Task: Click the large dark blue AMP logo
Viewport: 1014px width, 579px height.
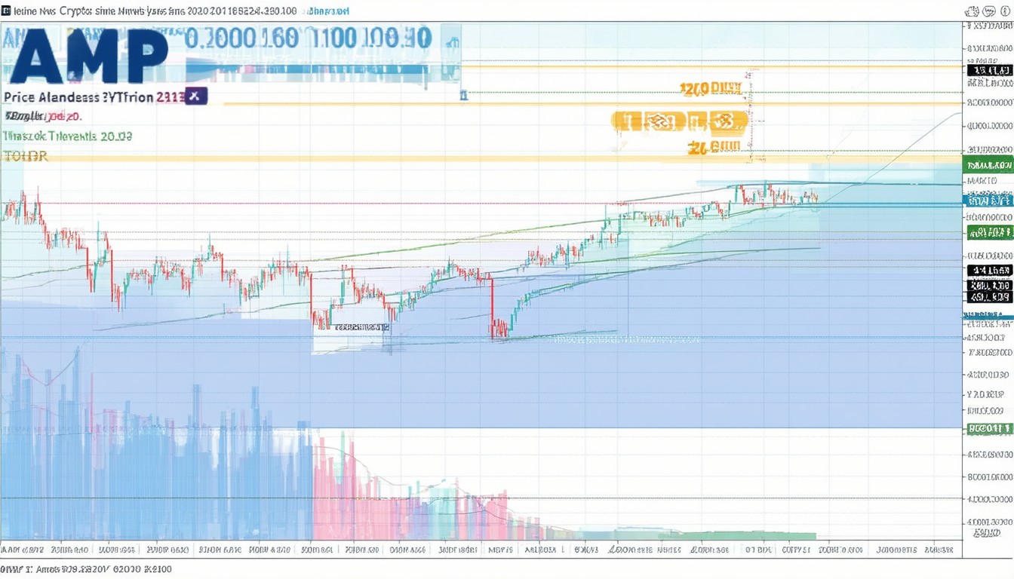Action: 89,56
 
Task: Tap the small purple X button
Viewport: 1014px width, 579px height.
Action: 195,96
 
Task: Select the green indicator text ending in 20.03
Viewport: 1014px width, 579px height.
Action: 67,136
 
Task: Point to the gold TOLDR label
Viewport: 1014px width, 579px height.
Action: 26,156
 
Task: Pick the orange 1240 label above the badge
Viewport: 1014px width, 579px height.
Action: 710,89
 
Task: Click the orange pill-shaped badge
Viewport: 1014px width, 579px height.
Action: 679,121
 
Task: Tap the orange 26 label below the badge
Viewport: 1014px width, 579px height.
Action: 714,148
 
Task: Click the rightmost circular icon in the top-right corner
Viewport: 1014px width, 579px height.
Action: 1005,11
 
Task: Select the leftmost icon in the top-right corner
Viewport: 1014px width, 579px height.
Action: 973,11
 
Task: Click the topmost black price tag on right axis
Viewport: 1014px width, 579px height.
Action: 989,70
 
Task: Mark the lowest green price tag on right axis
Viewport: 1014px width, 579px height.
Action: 989,429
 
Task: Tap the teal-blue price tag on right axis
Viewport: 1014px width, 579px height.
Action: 989,201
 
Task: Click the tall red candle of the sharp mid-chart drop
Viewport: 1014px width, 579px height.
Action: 491,305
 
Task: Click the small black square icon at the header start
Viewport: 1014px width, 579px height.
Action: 6,11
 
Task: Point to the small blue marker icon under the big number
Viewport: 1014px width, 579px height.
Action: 463,95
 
